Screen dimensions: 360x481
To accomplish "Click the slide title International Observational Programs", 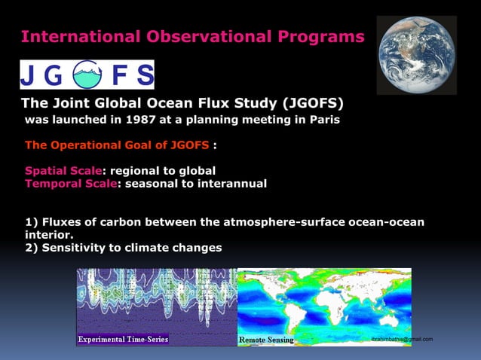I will click(192, 36).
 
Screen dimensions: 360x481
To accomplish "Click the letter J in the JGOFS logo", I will click(29, 75).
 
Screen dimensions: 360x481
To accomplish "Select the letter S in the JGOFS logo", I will click(143, 75).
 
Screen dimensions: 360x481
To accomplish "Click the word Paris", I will click(323, 120).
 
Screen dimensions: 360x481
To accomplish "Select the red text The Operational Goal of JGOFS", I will click(117, 145).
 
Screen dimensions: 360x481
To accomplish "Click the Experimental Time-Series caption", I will click(123, 340).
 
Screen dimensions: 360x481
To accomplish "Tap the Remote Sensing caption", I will click(266, 340).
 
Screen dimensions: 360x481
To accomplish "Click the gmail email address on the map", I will click(402, 340).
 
